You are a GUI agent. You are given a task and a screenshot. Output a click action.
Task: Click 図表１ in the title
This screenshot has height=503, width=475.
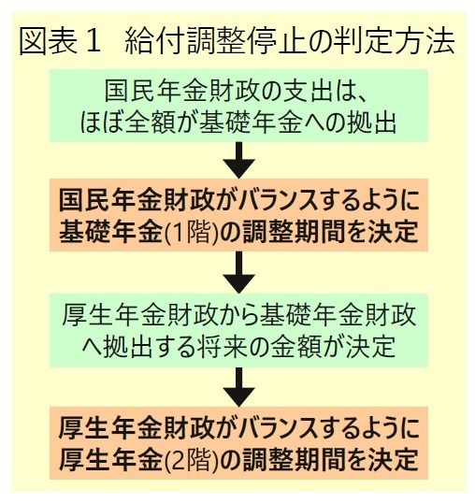[x=60, y=41]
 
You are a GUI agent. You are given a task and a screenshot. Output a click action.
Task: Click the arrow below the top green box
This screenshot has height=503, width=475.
[x=239, y=160]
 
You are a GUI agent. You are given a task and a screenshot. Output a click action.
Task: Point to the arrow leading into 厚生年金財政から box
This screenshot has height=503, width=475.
[x=239, y=272]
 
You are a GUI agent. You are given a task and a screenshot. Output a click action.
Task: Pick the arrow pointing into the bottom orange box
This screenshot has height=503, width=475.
[x=239, y=387]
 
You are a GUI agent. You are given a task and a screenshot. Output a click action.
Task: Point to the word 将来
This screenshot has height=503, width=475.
[x=224, y=347]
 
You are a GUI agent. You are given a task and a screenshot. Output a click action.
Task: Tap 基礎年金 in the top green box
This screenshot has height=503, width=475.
[x=251, y=122]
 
